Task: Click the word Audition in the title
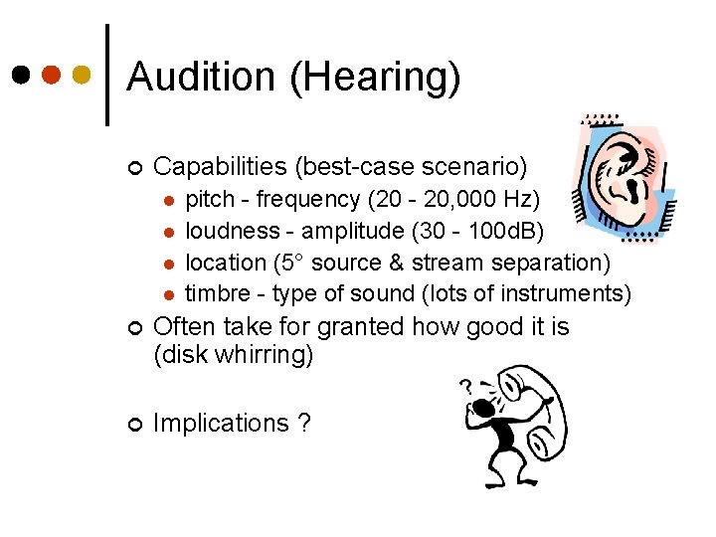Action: (203, 78)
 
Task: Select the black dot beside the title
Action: (20, 75)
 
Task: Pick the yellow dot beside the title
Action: (82, 75)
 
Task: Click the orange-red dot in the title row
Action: (51, 75)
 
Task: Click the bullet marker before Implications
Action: (133, 424)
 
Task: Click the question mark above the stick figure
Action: (464, 386)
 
